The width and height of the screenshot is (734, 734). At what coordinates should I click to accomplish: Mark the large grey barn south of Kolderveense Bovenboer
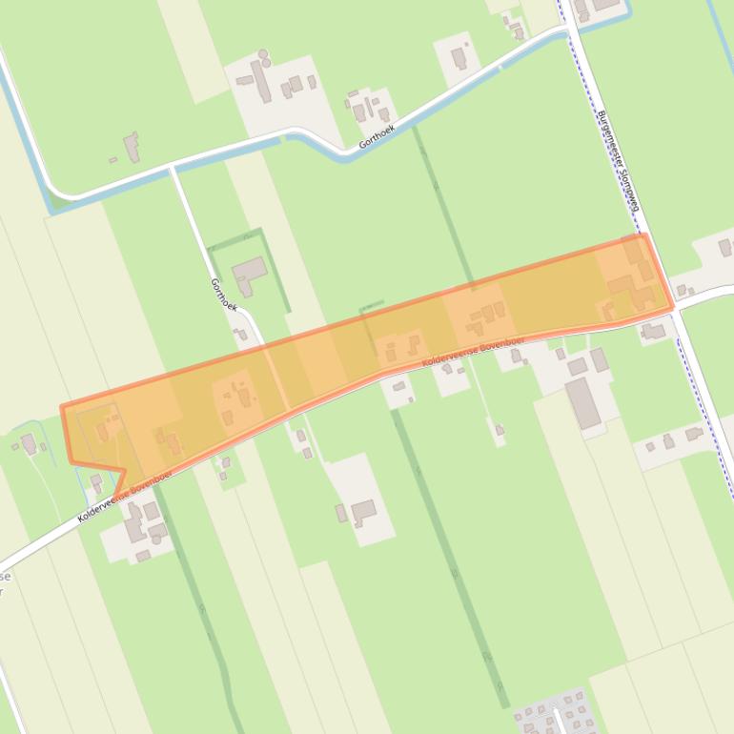click(x=583, y=402)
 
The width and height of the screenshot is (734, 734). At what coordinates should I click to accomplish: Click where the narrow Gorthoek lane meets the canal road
click(x=172, y=168)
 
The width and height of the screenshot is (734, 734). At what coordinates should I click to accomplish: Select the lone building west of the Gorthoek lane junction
click(x=131, y=147)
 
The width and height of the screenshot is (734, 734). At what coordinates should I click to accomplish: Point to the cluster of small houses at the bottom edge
click(x=554, y=713)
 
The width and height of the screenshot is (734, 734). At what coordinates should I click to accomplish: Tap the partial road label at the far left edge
click(x=5, y=583)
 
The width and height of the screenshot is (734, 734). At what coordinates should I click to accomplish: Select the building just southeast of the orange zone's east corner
click(x=653, y=332)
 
